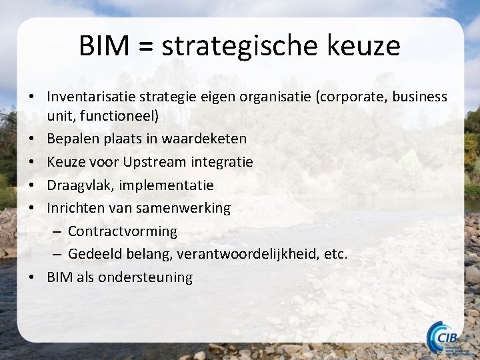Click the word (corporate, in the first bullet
[x=353, y=97]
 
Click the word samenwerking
[x=183, y=208]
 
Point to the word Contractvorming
[x=123, y=231]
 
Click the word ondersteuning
[x=145, y=277]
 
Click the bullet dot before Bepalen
[x=32, y=139]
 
